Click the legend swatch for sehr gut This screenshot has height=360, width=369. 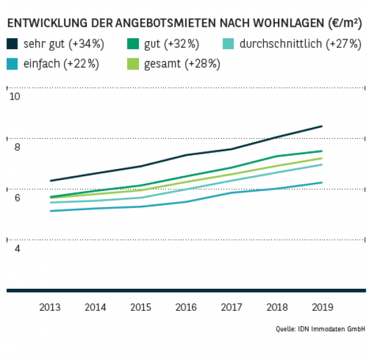click(x=12, y=44)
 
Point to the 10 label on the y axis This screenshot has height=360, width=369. click(x=15, y=97)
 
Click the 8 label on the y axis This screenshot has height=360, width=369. click(x=17, y=147)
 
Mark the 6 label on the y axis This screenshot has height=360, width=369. click(x=17, y=198)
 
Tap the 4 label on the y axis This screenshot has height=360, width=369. click(x=17, y=248)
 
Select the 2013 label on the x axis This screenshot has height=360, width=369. click(x=50, y=307)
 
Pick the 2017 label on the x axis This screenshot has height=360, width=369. click(x=231, y=307)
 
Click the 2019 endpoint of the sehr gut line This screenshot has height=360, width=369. click(x=322, y=127)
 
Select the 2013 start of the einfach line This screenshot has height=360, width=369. click(x=50, y=211)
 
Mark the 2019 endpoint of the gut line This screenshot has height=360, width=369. click(x=322, y=151)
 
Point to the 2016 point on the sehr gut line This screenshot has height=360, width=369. click(x=186, y=155)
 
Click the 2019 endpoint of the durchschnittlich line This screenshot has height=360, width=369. click(x=322, y=165)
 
